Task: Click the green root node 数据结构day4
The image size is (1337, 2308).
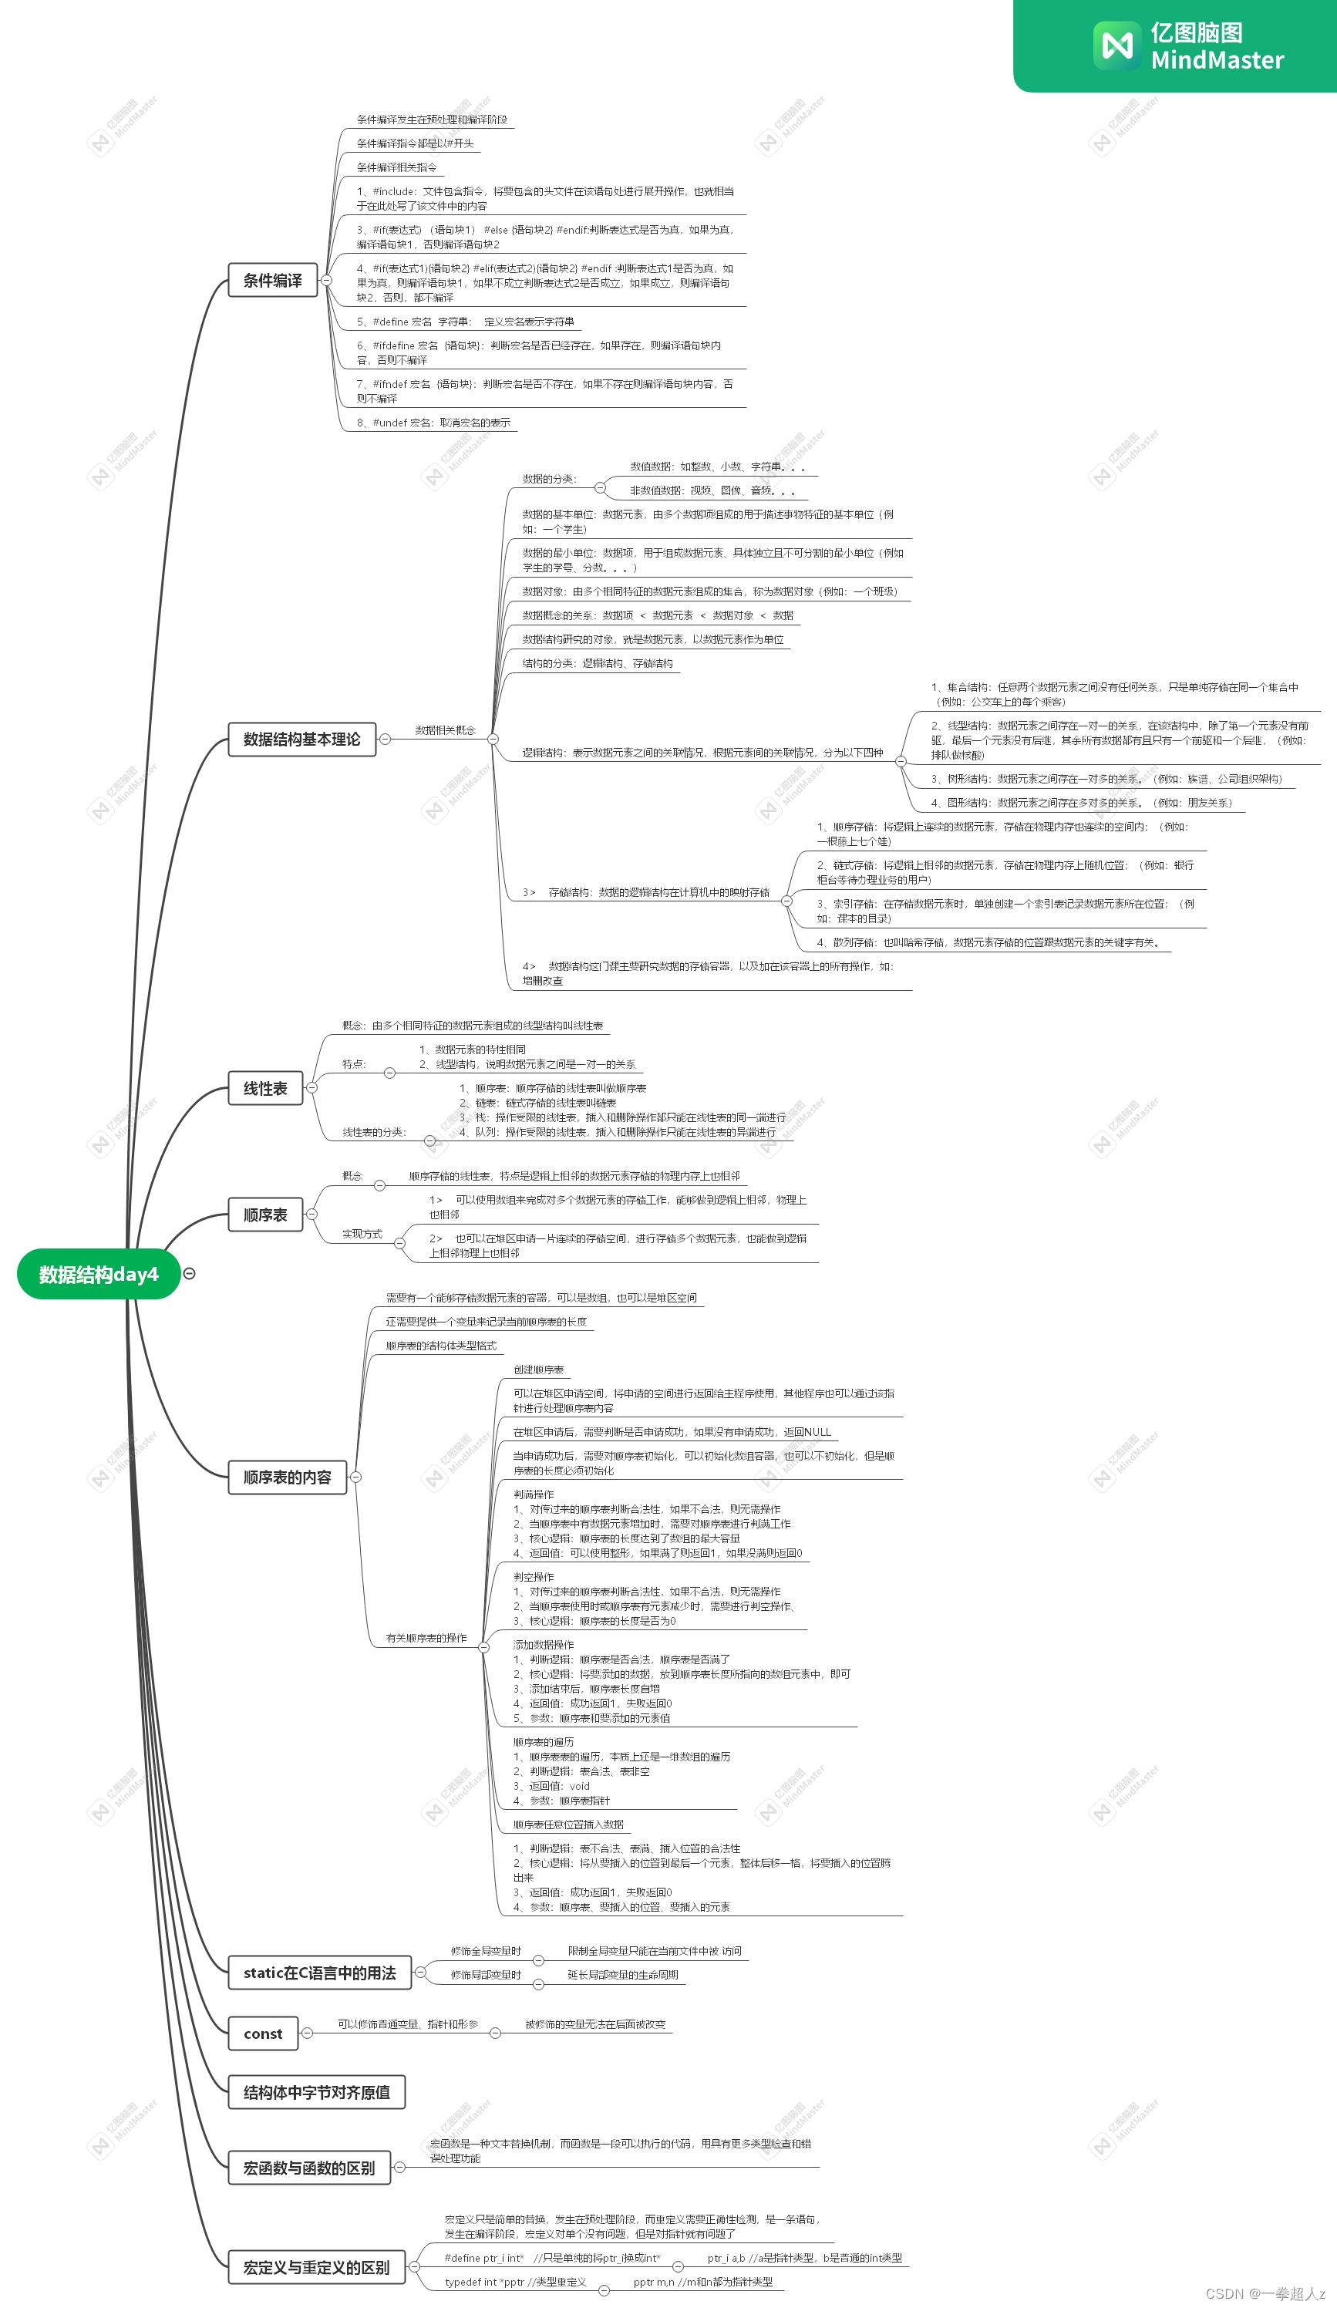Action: (x=98, y=1274)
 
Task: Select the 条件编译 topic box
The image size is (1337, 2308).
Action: (x=272, y=280)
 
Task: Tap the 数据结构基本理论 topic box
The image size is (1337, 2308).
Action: (x=301, y=739)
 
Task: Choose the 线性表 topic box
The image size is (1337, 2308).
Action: (x=264, y=1088)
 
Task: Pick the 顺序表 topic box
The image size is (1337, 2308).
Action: (x=264, y=1215)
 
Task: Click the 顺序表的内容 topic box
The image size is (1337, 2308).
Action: (x=287, y=1477)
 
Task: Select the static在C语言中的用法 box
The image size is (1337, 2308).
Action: (x=318, y=1973)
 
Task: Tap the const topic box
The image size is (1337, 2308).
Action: (x=263, y=2033)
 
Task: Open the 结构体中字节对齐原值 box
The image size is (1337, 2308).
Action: (x=316, y=2092)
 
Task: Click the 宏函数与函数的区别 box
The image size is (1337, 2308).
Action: (x=308, y=2168)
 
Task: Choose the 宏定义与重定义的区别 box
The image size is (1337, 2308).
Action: (x=316, y=2268)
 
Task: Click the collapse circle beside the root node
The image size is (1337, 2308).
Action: (x=189, y=1274)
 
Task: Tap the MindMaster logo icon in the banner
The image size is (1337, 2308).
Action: (x=1116, y=45)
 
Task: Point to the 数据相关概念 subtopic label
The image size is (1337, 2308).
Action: (x=445, y=730)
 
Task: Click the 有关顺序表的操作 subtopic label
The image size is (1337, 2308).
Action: (x=426, y=1638)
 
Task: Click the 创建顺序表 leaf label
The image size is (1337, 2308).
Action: (x=538, y=1370)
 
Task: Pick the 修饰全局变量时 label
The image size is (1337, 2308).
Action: (x=485, y=1951)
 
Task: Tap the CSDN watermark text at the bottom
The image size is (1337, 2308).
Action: (x=1265, y=2294)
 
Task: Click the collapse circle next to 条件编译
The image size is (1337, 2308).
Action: (x=326, y=280)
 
